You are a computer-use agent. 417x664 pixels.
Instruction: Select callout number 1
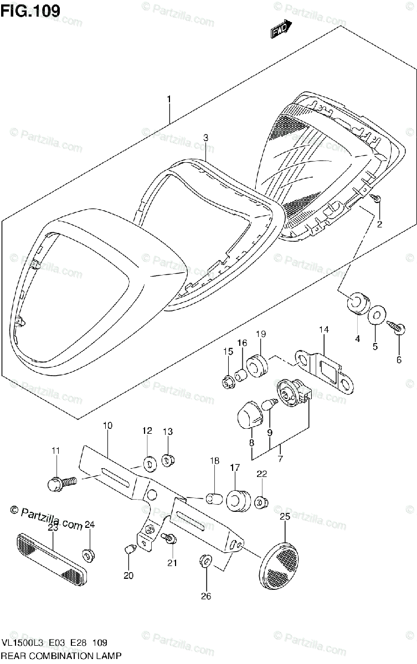click(169, 100)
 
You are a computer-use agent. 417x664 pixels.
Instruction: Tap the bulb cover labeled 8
click(252, 413)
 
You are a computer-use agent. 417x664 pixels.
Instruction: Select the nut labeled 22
click(262, 502)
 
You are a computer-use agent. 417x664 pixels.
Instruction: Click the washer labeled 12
click(148, 463)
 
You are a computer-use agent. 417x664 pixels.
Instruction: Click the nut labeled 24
click(89, 553)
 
